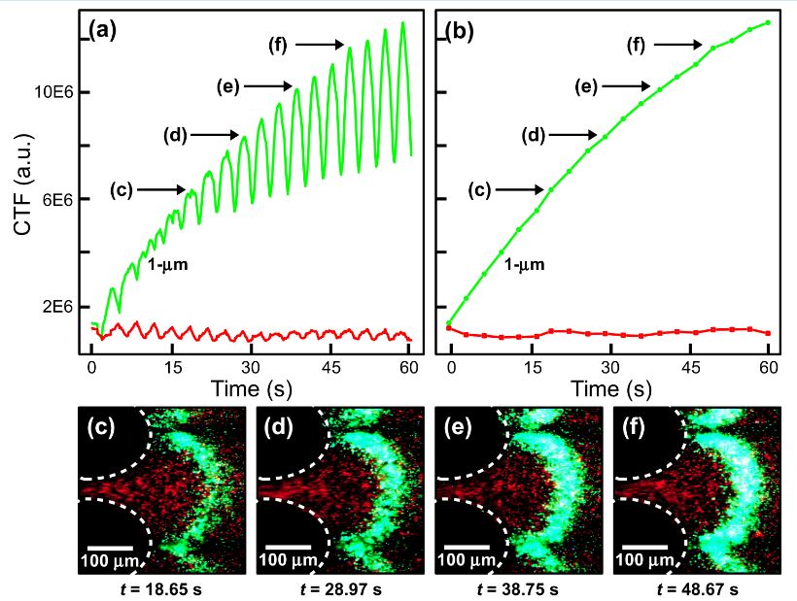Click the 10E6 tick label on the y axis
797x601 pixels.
44,92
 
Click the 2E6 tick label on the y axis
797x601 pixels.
48,307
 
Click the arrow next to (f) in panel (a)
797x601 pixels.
321,44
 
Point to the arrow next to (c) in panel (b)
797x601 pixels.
526,189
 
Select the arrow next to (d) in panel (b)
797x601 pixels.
577,134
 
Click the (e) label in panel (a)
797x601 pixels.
228,86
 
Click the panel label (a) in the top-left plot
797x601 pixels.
102,30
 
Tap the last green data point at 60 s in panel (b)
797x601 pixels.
768,22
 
